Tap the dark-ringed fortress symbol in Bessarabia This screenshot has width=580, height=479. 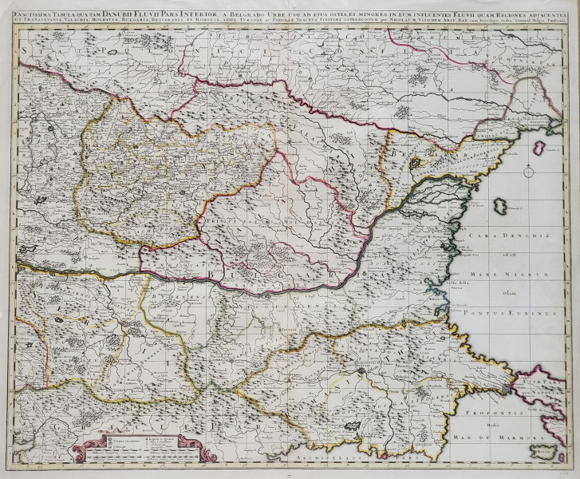click(415, 164)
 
